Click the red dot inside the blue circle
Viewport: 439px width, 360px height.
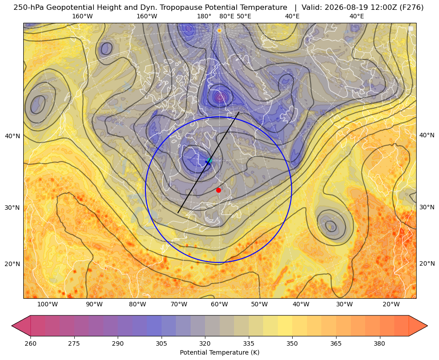[x=219, y=190]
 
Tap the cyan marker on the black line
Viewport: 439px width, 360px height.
[x=209, y=160]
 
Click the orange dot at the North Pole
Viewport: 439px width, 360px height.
[x=219, y=30]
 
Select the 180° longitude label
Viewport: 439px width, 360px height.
[x=204, y=16]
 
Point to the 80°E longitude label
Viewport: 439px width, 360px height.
[x=226, y=16]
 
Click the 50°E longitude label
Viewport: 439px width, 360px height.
[x=244, y=16]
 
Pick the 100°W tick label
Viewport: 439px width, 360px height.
[x=47, y=305]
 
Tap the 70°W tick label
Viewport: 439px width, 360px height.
[x=179, y=305]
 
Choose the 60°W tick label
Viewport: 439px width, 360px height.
[x=219, y=305]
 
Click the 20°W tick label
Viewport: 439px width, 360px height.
[x=391, y=305]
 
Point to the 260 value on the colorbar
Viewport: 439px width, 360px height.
[x=30, y=343]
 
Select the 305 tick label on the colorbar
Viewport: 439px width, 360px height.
[x=161, y=343]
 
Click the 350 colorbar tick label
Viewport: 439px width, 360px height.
[x=292, y=343]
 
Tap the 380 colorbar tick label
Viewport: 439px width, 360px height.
[x=379, y=343]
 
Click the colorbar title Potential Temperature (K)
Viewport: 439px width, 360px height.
[x=219, y=352]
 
